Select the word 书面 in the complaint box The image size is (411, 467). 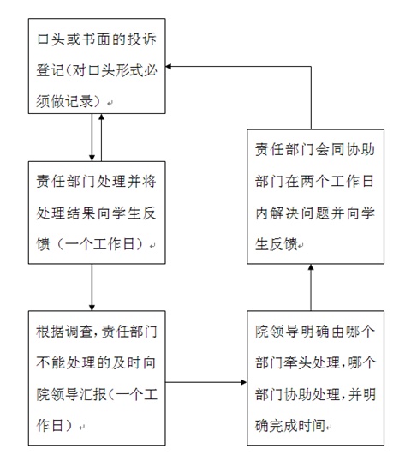point(96,39)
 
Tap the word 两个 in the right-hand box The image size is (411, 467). point(314,181)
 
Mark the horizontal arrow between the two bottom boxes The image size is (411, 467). point(206,382)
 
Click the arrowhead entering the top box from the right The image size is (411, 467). point(168,67)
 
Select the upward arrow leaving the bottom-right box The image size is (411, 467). point(311,287)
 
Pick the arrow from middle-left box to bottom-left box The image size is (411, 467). point(92,287)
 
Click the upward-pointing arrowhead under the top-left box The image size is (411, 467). point(102,117)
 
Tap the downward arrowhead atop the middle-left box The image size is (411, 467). point(92,159)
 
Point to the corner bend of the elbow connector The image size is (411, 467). point(311,67)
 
